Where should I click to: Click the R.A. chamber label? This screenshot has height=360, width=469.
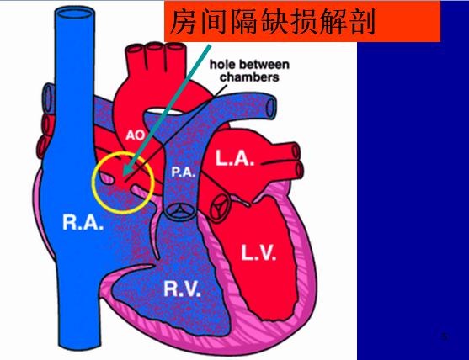[x=83, y=222]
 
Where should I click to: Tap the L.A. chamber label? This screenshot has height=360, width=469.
[x=235, y=158]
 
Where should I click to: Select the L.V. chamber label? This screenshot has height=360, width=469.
[x=258, y=252]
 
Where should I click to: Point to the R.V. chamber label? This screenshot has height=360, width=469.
[x=182, y=289]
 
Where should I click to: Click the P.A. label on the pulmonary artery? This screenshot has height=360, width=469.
[x=183, y=172]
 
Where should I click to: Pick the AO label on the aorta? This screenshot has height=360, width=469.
[x=136, y=135]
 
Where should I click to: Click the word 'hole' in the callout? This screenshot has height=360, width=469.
[x=221, y=64]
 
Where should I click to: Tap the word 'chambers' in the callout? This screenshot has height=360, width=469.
[x=249, y=77]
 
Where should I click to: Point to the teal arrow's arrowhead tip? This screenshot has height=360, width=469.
[x=124, y=176]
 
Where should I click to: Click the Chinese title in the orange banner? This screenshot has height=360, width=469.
[x=273, y=22]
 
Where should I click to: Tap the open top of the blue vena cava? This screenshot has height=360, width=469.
[x=75, y=13]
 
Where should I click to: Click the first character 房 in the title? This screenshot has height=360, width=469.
[x=184, y=22]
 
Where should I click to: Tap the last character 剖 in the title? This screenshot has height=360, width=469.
[x=363, y=22]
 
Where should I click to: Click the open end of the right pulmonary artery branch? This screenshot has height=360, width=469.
[x=270, y=107]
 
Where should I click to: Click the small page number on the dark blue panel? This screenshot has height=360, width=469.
[x=445, y=336]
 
